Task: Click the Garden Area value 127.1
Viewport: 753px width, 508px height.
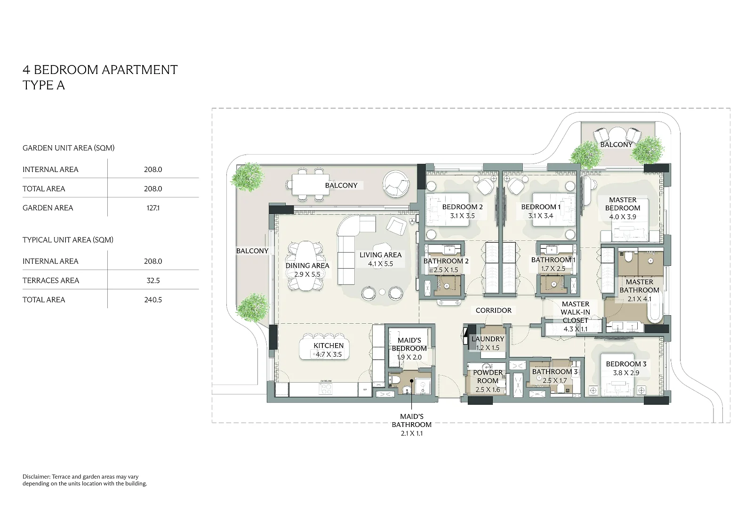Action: click(x=153, y=208)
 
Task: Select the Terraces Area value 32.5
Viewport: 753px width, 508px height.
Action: click(x=153, y=280)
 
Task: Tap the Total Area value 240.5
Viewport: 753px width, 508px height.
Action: click(x=153, y=300)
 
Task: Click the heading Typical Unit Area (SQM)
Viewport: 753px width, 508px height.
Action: click(x=68, y=240)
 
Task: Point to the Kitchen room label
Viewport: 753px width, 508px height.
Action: click(x=328, y=345)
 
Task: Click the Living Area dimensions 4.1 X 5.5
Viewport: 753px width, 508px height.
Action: click(x=381, y=264)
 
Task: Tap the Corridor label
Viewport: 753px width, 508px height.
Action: click(x=494, y=311)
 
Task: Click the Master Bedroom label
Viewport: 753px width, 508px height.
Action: click(x=623, y=204)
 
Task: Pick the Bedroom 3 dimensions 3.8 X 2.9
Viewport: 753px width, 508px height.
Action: click(x=626, y=373)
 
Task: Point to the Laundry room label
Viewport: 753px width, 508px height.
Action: click(x=488, y=339)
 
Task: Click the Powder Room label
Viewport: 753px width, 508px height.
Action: click(x=488, y=377)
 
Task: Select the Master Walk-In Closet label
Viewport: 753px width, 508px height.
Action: click(x=575, y=312)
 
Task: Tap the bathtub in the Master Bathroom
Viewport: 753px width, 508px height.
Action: click(x=655, y=307)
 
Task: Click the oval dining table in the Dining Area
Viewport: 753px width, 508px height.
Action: click(x=306, y=266)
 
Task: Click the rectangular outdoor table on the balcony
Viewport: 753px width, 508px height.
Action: click(x=310, y=184)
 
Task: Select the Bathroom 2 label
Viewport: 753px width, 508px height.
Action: click(x=446, y=261)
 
